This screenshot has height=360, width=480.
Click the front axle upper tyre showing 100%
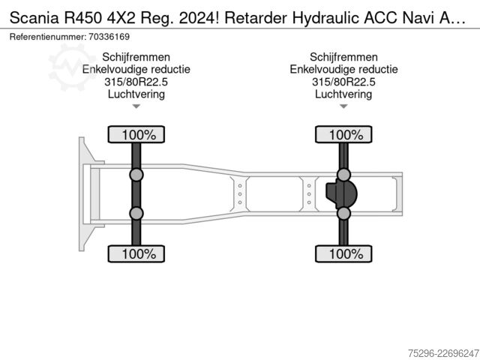136,134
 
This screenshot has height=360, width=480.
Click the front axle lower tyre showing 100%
136,253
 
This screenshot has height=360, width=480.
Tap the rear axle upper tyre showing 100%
343,134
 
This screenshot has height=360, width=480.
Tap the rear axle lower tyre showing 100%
343,253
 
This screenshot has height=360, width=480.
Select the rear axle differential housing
341,194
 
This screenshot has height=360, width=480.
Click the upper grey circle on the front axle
136,175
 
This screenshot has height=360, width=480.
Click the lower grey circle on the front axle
136,213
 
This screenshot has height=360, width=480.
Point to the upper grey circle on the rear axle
343,175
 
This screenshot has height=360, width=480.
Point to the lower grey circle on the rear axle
343,213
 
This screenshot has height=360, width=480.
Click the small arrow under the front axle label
136,106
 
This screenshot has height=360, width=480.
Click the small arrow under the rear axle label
343,106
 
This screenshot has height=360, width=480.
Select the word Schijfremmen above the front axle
136,57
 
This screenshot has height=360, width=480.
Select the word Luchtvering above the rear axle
343,94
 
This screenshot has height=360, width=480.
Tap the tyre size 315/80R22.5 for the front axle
136,82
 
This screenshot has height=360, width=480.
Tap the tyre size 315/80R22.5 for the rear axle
343,82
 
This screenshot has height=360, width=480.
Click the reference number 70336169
109,37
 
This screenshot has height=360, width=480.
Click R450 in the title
82,18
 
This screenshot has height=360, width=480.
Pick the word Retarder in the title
256,18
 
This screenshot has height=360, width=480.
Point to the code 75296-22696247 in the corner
443,353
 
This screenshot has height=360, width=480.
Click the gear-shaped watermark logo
71,67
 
